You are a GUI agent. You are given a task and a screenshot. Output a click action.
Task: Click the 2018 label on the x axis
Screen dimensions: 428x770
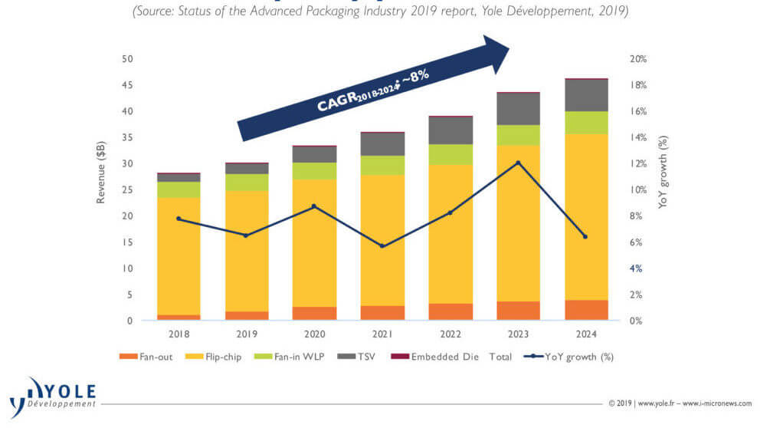179,334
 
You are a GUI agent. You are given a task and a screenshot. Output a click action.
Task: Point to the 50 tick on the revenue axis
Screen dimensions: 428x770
128,59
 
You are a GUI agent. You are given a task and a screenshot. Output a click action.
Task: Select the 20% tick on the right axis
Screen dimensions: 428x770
639,59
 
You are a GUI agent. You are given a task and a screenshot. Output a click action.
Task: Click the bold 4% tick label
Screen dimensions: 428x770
636,268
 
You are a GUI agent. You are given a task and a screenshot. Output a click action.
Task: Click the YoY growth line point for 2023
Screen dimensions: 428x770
518,163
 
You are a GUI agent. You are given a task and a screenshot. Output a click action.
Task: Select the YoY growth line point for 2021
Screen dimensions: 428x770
382,246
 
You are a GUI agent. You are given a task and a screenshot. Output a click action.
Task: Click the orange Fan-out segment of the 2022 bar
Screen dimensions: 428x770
450,311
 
